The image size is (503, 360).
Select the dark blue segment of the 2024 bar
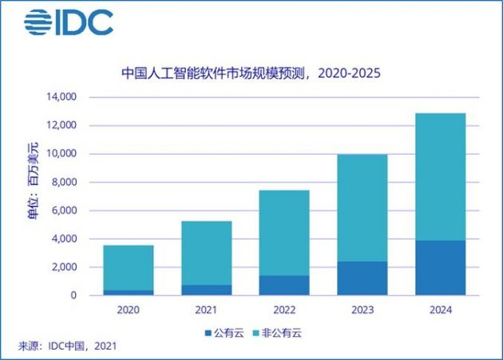(x=440, y=267)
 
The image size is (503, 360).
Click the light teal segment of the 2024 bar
(x=440, y=176)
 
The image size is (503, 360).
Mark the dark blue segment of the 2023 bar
(x=362, y=278)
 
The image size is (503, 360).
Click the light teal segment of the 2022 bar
(x=284, y=232)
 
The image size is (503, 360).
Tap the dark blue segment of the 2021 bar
(x=207, y=290)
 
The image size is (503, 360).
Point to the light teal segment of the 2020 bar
(x=129, y=267)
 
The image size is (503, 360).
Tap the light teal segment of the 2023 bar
(x=362, y=208)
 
